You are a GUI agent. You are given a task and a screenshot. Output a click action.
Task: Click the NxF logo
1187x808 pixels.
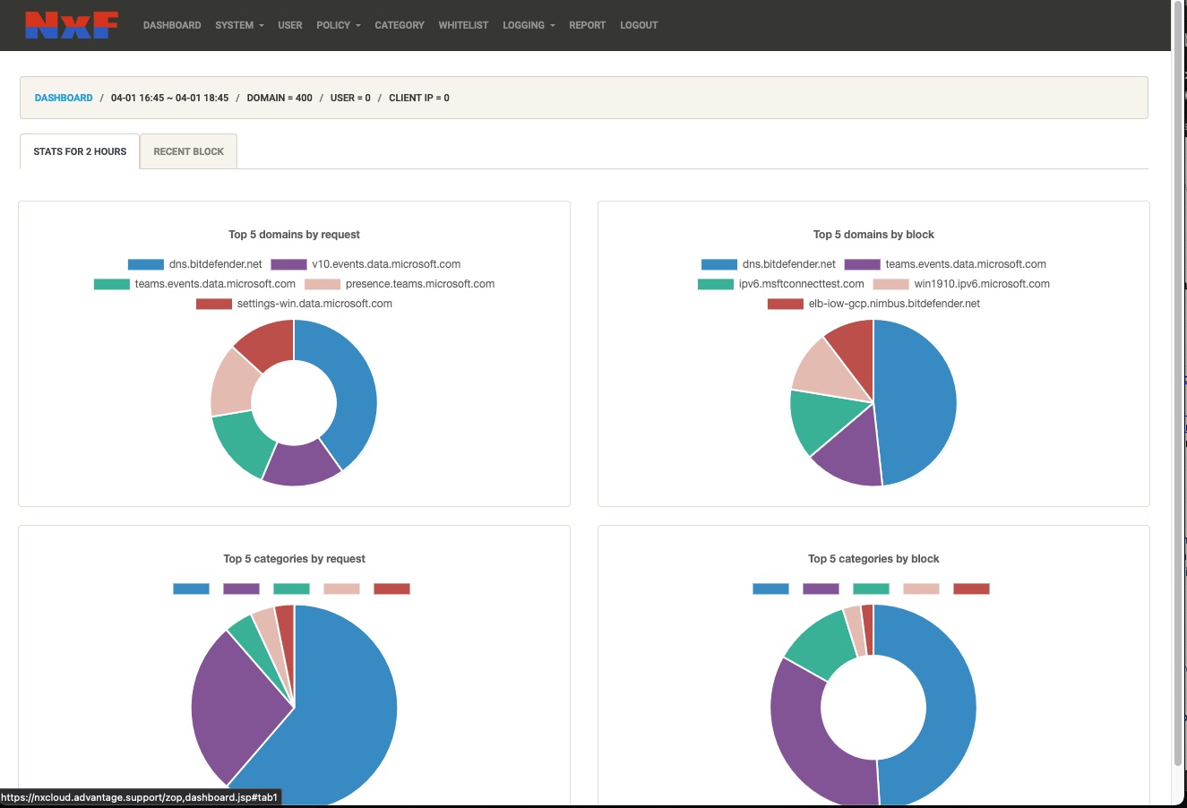point(72,25)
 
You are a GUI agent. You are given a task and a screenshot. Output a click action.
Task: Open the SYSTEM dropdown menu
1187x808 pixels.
point(239,25)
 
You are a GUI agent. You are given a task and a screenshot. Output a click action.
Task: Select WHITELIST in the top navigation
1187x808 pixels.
point(463,25)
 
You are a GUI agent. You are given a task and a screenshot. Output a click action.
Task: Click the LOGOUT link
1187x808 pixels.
point(639,25)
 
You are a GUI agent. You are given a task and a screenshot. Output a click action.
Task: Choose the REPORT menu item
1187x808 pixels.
point(587,25)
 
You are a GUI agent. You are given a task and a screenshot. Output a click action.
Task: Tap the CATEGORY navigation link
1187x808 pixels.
point(400,25)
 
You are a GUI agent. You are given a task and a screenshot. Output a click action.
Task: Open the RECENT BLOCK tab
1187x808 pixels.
point(188,151)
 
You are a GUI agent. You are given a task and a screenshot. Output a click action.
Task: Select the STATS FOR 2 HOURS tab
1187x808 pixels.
point(80,151)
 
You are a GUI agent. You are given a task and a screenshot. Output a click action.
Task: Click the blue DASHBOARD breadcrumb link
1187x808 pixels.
point(64,98)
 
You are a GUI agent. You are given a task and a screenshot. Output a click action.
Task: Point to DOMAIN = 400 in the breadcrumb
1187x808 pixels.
point(280,98)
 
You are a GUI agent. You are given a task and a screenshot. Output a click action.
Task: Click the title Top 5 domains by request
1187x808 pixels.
point(294,235)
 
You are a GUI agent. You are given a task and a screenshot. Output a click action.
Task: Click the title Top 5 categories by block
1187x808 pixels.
point(873,559)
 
